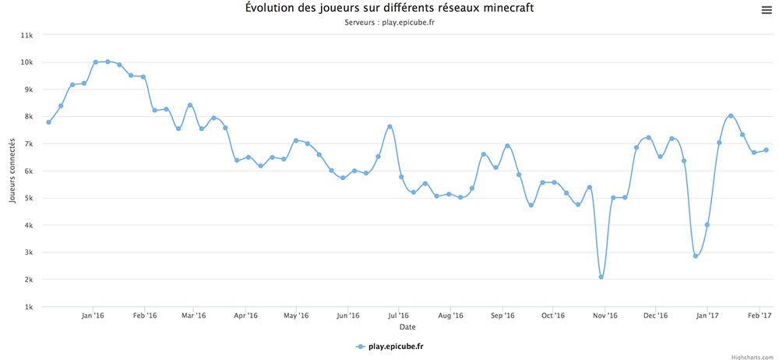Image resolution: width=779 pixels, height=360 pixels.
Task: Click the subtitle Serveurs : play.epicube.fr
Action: pyautogui.click(x=389, y=22)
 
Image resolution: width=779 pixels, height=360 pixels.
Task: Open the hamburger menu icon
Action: pyautogui.click(x=767, y=9)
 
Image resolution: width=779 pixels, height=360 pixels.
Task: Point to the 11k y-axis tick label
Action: pyautogui.click(x=26, y=35)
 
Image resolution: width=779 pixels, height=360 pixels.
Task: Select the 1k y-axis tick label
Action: pyautogui.click(x=28, y=306)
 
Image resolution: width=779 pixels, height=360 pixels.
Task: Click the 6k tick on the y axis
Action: pyautogui.click(x=28, y=171)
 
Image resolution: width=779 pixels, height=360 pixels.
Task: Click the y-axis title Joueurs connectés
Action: pyautogui.click(x=13, y=171)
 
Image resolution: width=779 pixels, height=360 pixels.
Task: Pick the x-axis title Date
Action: pyautogui.click(x=408, y=326)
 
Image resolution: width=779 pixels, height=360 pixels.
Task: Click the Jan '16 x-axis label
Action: pyautogui.click(x=93, y=316)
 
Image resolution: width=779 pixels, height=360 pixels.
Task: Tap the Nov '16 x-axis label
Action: pyautogui.click(x=605, y=316)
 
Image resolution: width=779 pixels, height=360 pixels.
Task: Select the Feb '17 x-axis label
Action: pyautogui.click(x=760, y=316)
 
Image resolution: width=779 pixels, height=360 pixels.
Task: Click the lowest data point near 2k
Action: pyautogui.click(x=601, y=277)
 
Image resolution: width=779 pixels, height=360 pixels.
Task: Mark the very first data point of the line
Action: pyautogui.click(x=48, y=122)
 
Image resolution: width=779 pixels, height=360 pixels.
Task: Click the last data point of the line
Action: pyautogui.click(x=766, y=150)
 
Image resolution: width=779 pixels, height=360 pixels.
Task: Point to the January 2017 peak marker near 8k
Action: pyautogui.click(x=731, y=115)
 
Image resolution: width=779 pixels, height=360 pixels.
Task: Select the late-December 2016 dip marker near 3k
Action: pyautogui.click(x=696, y=256)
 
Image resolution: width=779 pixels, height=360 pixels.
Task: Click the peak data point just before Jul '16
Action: pyautogui.click(x=389, y=126)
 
